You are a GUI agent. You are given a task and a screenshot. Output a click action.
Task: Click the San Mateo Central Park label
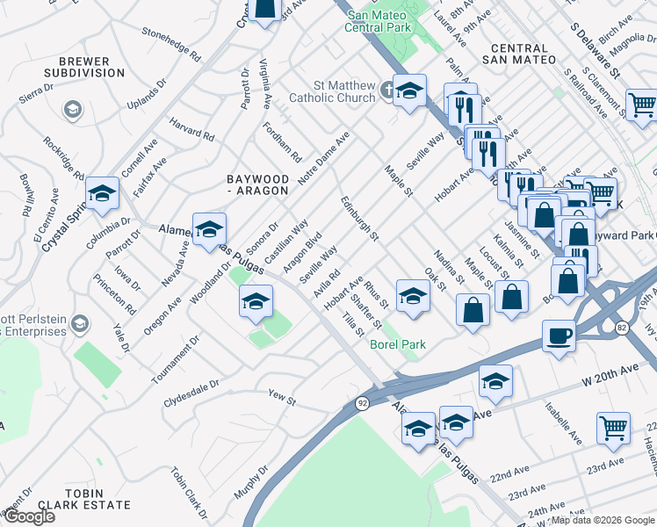379,21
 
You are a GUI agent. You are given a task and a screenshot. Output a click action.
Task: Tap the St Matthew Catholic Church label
332,91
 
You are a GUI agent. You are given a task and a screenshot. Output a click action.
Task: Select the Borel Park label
398,345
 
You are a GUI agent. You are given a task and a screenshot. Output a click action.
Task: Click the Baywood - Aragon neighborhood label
256,184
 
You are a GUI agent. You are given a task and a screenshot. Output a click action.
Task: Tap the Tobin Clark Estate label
85,505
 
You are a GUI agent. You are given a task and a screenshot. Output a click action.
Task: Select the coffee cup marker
559,336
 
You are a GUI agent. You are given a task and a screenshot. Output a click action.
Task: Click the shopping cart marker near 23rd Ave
613,428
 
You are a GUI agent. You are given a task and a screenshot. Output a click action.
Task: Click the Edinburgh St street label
360,219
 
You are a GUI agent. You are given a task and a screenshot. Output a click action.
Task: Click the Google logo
29,516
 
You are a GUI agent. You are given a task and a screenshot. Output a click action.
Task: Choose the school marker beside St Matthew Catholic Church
408,91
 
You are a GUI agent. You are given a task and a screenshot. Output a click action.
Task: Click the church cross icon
386,88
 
